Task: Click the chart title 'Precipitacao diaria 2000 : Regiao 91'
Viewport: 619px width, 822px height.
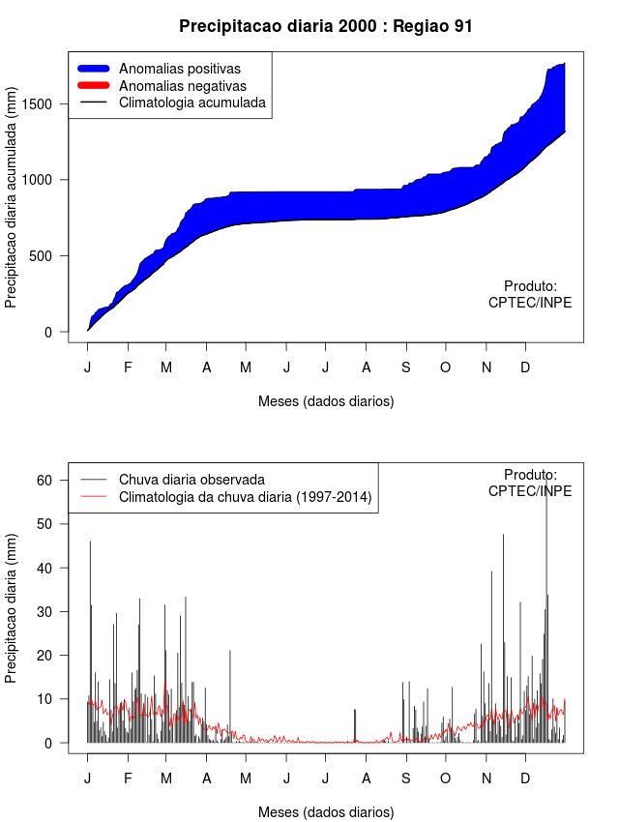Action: tap(326, 26)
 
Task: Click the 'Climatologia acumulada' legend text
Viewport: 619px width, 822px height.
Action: tap(192, 103)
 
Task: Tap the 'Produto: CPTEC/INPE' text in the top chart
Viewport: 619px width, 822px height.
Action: tap(530, 294)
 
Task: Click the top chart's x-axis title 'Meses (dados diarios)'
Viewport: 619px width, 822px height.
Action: tap(326, 400)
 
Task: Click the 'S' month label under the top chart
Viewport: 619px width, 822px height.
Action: tap(406, 367)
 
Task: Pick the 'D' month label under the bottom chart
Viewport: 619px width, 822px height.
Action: tap(525, 778)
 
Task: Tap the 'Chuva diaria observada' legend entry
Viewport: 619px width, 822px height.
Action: tap(191, 480)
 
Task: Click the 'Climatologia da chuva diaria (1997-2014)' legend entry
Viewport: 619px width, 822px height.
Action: tap(245, 497)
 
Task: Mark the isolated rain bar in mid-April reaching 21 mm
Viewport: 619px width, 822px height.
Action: tap(230, 696)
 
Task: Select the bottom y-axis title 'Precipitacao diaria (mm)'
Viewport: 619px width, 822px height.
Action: tap(12, 608)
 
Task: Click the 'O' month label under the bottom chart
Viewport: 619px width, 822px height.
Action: tap(445, 778)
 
